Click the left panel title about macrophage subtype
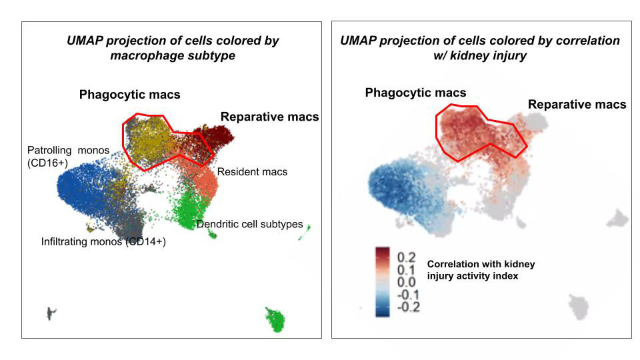tap(173, 48)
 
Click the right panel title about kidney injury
tap(480, 48)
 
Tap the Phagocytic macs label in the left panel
tap(129, 95)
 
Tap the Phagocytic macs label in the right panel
tap(415, 93)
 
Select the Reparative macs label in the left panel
tap(269, 117)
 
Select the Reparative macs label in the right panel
tap(577, 105)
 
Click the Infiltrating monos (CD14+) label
tap(103, 242)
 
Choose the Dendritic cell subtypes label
tap(249, 224)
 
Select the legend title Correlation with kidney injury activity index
tap(480, 270)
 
